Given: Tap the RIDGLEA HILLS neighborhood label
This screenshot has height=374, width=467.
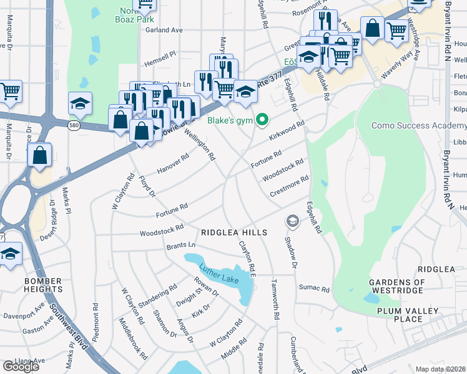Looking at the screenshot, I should click(x=234, y=233).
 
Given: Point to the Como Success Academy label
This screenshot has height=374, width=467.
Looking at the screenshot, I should click(x=418, y=125).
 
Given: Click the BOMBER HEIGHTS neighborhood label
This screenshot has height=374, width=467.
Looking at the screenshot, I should click(x=43, y=285).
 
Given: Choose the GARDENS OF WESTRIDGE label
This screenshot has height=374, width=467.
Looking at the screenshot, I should click(x=397, y=287).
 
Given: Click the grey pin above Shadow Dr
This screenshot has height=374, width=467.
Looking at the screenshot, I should click(x=292, y=221).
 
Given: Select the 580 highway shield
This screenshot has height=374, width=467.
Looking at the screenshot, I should click(x=74, y=126).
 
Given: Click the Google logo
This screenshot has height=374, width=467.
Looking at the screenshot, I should click(x=21, y=366).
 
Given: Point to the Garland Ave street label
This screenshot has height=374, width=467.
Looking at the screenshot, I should click(x=164, y=29).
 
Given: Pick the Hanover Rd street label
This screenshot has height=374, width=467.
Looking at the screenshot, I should click(x=172, y=165).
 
